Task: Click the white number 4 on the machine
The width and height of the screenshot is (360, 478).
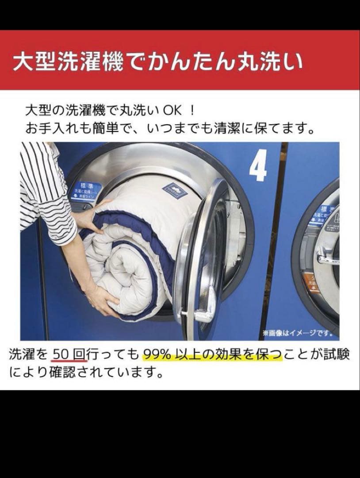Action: click(x=258, y=165)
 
